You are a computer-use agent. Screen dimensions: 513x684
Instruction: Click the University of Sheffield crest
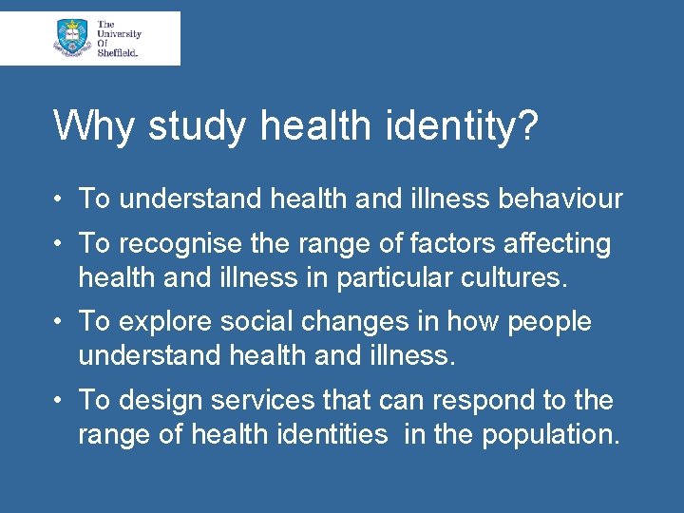73,38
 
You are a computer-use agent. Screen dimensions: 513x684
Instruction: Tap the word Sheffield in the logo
117,53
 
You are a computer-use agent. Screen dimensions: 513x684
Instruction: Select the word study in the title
181,126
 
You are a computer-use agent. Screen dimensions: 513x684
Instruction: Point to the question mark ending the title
526,124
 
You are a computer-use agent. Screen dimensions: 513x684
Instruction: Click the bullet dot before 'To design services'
59,401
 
